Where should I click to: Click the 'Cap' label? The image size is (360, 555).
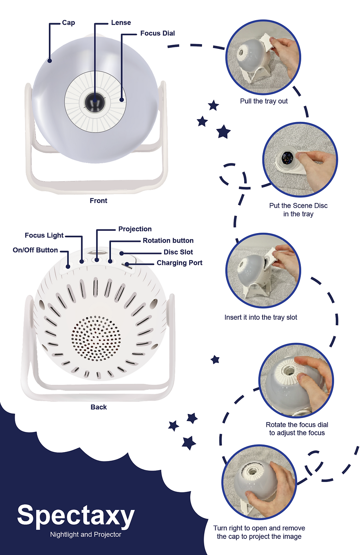(x=68, y=22)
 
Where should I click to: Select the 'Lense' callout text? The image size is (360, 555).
(x=121, y=22)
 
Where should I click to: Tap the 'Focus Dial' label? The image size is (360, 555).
(x=158, y=33)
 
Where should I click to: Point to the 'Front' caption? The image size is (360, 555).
(x=98, y=200)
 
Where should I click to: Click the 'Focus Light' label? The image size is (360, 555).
(x=44, y=235)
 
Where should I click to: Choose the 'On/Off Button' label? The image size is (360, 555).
(x=35, y=250)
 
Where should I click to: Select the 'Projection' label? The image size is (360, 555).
(x=135, y=229)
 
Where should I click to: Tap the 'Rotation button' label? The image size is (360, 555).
(x=168, y=240)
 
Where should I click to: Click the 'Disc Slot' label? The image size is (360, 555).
(x=178, y=252)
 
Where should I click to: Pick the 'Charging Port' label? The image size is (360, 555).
(x=180, y=263)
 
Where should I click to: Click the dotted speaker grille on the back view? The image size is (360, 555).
(x=96, y=338)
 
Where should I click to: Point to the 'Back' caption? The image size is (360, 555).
(x=99, y=407)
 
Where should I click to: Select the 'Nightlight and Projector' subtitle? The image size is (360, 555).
(x=86, y=534)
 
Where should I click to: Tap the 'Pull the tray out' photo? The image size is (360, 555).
(x=263, y=57)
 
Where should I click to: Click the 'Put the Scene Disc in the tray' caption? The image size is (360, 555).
(x=298, y=210)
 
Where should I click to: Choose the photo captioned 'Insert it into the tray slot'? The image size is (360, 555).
(x=263, y=271)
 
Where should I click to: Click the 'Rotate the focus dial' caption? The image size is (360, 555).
(x=297, y=425)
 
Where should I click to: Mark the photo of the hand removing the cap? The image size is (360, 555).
(x=259, y=482)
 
